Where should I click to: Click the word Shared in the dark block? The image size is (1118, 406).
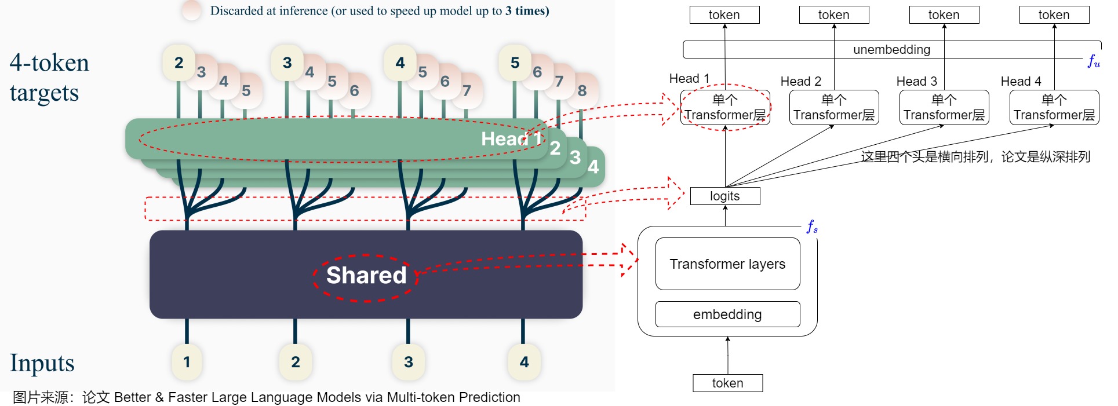366,276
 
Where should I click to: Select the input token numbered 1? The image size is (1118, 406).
187,362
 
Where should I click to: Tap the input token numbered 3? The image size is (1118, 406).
409,362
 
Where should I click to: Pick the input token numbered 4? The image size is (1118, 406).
524,362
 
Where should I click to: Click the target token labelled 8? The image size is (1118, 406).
582,90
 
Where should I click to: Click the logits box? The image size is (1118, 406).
725,196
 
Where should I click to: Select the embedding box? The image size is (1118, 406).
727,314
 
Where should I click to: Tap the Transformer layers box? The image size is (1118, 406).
727,264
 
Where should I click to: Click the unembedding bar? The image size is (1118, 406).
892,50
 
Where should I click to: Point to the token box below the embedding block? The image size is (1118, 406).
727,383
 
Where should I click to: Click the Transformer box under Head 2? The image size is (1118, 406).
834,108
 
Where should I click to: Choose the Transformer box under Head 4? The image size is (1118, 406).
1054,108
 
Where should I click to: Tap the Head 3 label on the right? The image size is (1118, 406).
917,82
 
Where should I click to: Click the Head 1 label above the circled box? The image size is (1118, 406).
689,79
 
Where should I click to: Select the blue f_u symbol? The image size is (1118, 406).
1094,61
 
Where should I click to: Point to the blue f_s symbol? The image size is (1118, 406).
813,226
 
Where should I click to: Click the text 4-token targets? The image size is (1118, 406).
49,78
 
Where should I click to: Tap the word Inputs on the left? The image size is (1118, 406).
42,363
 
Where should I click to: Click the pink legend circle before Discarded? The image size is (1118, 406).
192,10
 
